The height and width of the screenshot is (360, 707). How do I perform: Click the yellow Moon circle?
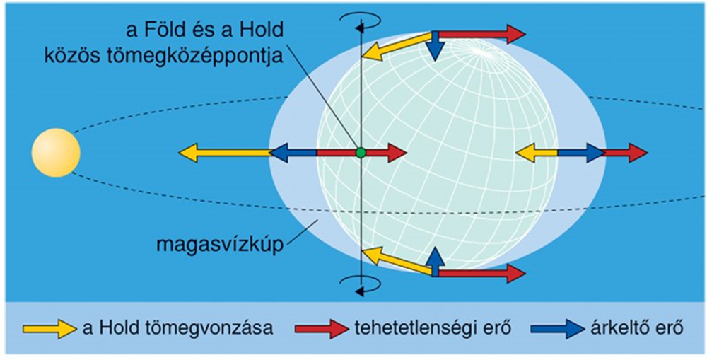point(56,153)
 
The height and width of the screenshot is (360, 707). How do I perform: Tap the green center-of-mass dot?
point(361,152)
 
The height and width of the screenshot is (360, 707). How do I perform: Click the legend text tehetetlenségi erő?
point(426,328)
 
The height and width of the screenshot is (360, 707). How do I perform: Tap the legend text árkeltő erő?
point(634,328)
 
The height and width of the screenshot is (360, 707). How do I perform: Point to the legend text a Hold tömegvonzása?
point(177,328)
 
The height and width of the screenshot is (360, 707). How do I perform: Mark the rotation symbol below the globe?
point(361,284)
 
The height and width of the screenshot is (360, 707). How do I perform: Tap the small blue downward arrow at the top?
point(435,47)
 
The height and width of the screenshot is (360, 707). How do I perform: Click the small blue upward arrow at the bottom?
point(435,259)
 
